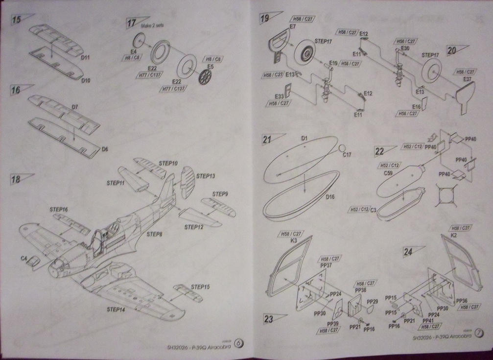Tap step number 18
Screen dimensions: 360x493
click(x=16, y=179)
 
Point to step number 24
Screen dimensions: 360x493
click(x=408, y=252)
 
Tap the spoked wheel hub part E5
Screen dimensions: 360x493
click(x=208, y=77)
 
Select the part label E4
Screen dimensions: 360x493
click(x=133, y=51)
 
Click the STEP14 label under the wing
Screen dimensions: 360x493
click(x=117, y=310)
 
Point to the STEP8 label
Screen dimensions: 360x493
click(x=155, y=235)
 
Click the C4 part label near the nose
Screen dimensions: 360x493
click(x=23, y=257)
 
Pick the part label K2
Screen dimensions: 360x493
click(x=453, y=236)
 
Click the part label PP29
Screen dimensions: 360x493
click(x=373, y=301)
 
